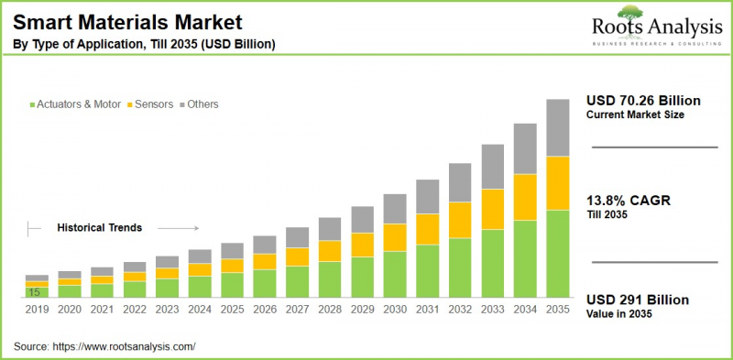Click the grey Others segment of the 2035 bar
558,127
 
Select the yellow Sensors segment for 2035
558,183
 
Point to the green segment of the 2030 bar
395,275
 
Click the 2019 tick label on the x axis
37,311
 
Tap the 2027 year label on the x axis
297,311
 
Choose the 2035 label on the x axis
558,311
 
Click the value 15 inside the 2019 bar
33,292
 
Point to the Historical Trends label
100,227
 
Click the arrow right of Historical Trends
183,227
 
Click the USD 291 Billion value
637,300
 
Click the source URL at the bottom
126,346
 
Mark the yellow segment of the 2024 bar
200,269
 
